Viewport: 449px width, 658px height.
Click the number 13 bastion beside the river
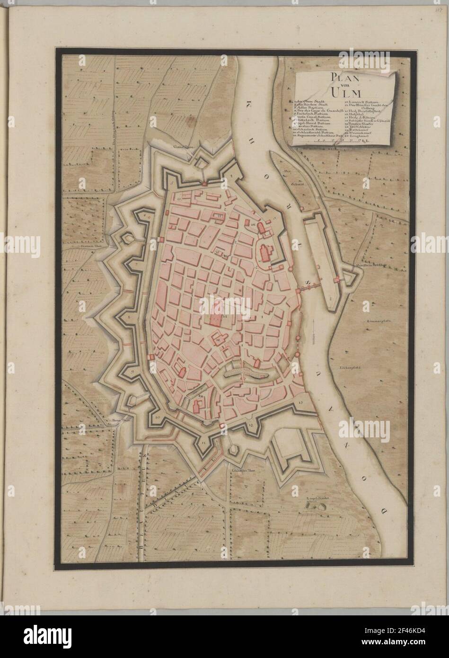tap(301, 402)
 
